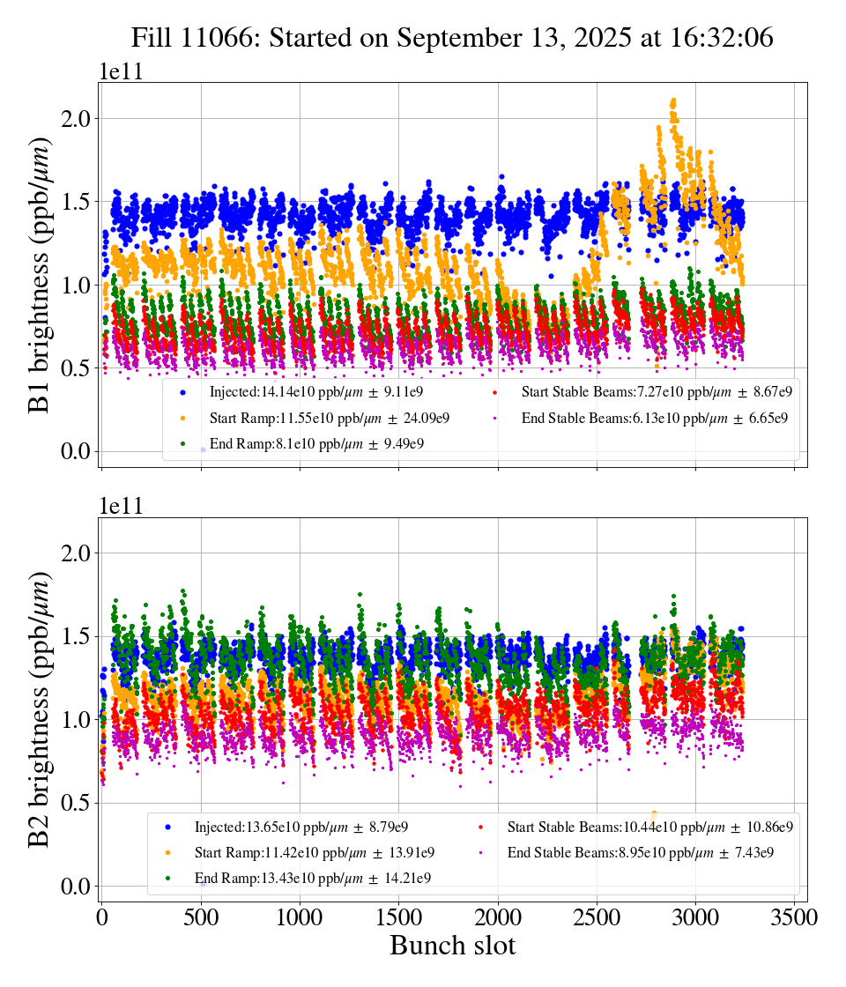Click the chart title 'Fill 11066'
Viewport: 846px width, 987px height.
(x=452, y=38)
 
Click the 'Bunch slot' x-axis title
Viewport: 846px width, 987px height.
(x=452, y=946)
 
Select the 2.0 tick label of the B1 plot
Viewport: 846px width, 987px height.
(x=77, y=119)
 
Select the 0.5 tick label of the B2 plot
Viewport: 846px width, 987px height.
(x=77, y=803)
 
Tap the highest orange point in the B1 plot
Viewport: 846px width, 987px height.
(x=674, y=100)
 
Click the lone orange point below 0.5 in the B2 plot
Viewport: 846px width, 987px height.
(x=654, y=813)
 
